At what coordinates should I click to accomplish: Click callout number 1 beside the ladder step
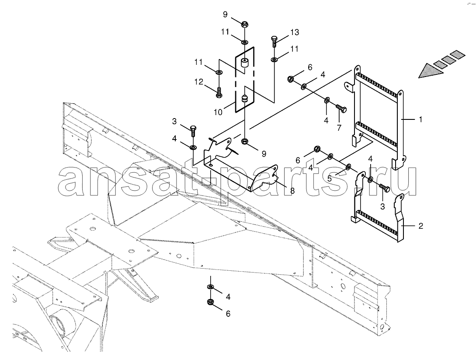[x=420, y=120]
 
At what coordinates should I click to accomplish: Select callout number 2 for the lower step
[x=420, y=226]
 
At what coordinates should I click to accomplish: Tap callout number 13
[x=295, y=32]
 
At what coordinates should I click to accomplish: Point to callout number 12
[x=199, y=82]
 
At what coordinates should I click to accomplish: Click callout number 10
[x=218, y=112]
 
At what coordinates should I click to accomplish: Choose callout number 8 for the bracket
[x=292, y=191]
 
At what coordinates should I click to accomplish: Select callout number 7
[x=339, y=127]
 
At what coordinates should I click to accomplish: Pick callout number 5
[x=330, y=178]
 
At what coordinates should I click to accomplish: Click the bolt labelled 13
[x=274, y=41]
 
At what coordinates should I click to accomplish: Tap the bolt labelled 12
[x=218, y=92]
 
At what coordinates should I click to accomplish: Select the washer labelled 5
[x=348, y=166]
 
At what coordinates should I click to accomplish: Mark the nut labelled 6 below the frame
[x=210, y=302]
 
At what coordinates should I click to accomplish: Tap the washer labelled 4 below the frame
[x=210, y=287]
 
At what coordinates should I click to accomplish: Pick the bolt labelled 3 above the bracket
[x=193, y=131]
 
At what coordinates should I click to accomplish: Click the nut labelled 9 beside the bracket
[x=244, y=141]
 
